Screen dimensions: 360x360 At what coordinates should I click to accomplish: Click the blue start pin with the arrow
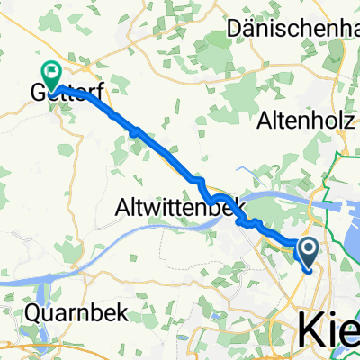(308, 253)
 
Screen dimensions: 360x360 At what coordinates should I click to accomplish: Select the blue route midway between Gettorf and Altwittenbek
(135, 132)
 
